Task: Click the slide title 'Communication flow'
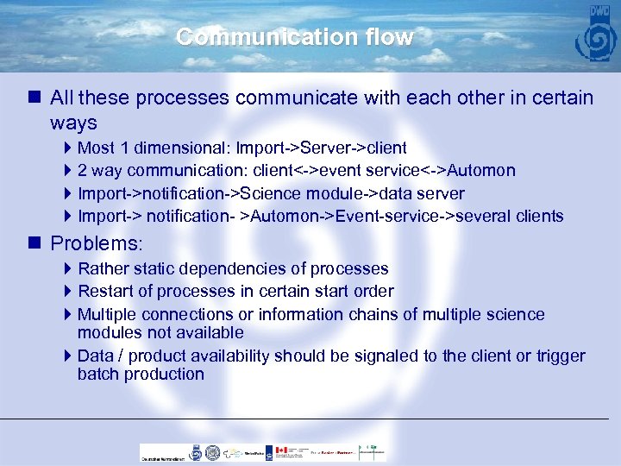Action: click(x=294, y=38)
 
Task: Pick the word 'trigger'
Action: click(x=558, y=356)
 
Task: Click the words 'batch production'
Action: click(x=141, y=374)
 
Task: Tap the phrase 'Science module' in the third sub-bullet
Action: click(x=298, y=193)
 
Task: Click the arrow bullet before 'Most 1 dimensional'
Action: click(x=69, y=148)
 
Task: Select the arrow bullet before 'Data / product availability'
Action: click(x=69, y=356)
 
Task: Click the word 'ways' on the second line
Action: click(x=73, y=123)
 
